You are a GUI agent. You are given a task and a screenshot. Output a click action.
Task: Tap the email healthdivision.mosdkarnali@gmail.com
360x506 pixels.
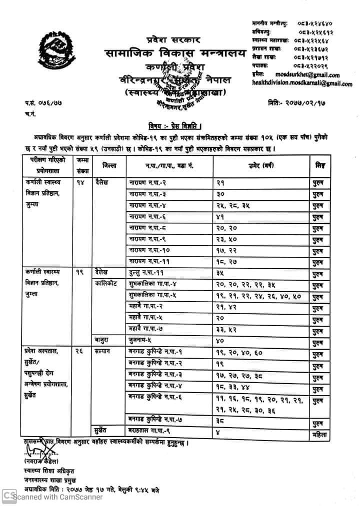(x=302, y=83)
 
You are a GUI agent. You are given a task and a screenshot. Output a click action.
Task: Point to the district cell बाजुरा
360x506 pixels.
(x=102, y=340)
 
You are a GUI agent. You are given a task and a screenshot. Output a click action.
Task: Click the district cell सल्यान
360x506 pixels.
(x=103, y=352)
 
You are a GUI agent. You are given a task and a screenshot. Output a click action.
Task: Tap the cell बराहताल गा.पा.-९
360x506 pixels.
(x=148, y=431)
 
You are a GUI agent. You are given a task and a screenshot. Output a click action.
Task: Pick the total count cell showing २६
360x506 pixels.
(x=79, y=352)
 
